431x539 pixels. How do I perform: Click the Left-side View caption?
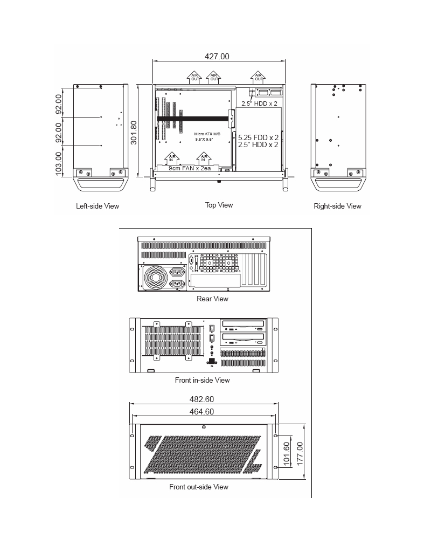point(98,206)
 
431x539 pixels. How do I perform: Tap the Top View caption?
point(219,205)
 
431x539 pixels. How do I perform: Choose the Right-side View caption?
point(337,206)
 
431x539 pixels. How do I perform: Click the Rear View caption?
point(212,299)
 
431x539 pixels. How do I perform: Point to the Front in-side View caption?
point(202,380)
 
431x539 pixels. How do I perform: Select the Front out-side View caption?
point(199,487)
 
